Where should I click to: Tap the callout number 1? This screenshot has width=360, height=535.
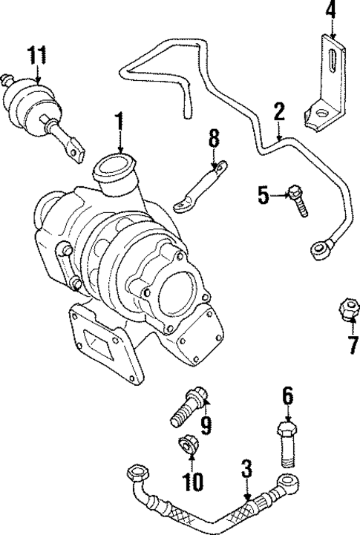coord(118,120)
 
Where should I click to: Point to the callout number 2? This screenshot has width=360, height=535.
coord(279,113)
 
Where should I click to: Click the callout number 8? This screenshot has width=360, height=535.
coord(214,140)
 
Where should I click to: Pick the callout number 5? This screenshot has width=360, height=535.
coord(263,195)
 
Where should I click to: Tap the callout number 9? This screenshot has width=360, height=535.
coord(206,425)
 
